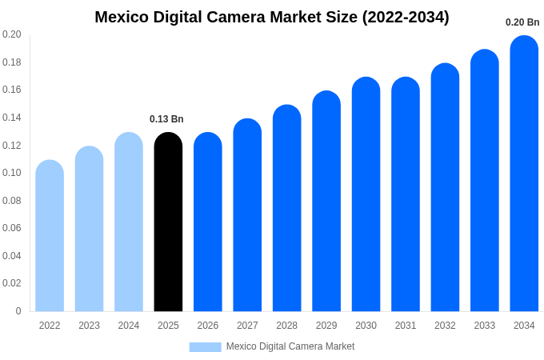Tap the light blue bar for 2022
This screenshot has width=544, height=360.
point(50,236)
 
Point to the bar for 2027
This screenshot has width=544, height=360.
point(247,215)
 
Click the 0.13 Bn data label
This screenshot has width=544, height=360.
point(166,119)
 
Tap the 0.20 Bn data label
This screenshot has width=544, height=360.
point(522,22)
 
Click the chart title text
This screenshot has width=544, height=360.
point(272,17)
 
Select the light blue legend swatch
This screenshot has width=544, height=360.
point(205,346)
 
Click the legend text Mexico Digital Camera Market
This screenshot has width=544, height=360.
point(290,346)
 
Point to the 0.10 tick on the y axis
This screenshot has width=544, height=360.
point(12,173)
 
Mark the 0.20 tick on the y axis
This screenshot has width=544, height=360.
point(12,34)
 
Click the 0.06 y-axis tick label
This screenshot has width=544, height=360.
point(12,228)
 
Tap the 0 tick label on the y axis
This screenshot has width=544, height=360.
point(18,311)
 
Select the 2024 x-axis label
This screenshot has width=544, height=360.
point(129,326)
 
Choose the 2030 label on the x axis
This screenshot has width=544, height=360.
point(366,326)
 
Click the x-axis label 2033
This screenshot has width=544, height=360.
point(485,326)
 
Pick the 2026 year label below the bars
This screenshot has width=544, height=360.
point(208,326)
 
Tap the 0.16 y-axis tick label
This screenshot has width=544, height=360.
point(12,90)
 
